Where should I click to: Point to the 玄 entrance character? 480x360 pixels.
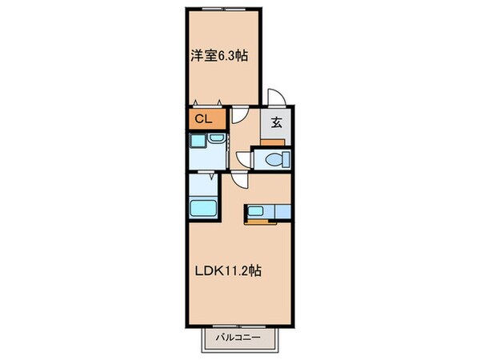click(275, 122)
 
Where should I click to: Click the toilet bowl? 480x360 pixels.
click(273, 159)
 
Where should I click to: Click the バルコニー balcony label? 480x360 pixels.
click(241, 338)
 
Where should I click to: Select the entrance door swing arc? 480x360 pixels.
click(274, 96)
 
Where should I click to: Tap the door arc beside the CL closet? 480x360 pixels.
click(238, 116)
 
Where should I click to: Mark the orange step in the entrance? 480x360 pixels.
click(275, 141)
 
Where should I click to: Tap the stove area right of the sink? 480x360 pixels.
click(279, 212)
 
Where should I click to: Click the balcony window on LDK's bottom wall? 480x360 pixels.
click(241, 325)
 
